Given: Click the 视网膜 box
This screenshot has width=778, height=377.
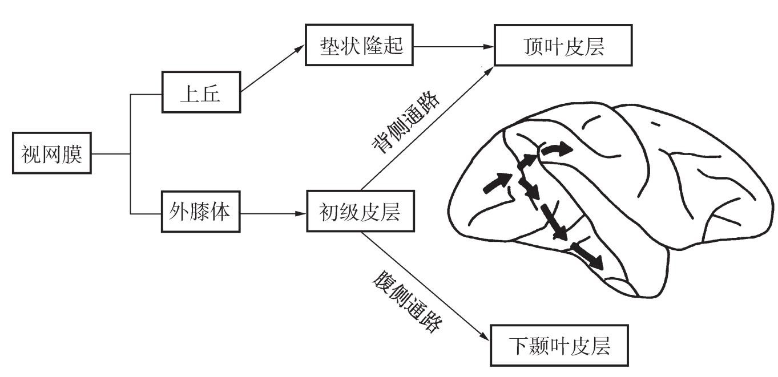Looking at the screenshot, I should pos(52,154).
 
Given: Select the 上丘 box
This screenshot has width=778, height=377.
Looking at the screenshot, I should pos(200,92).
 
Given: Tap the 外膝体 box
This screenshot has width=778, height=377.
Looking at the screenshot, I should pos(200,213).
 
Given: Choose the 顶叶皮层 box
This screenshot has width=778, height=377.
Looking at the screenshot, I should pos(563,46).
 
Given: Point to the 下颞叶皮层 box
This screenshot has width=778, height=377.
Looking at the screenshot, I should pos(560,346).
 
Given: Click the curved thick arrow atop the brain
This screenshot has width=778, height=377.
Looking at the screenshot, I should pos(556,149).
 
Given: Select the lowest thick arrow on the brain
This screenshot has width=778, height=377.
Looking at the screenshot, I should pos(588,256).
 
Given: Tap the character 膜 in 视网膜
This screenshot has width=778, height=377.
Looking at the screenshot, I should pos(72,154).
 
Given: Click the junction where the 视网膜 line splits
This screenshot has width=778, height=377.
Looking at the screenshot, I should pos(131,154).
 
